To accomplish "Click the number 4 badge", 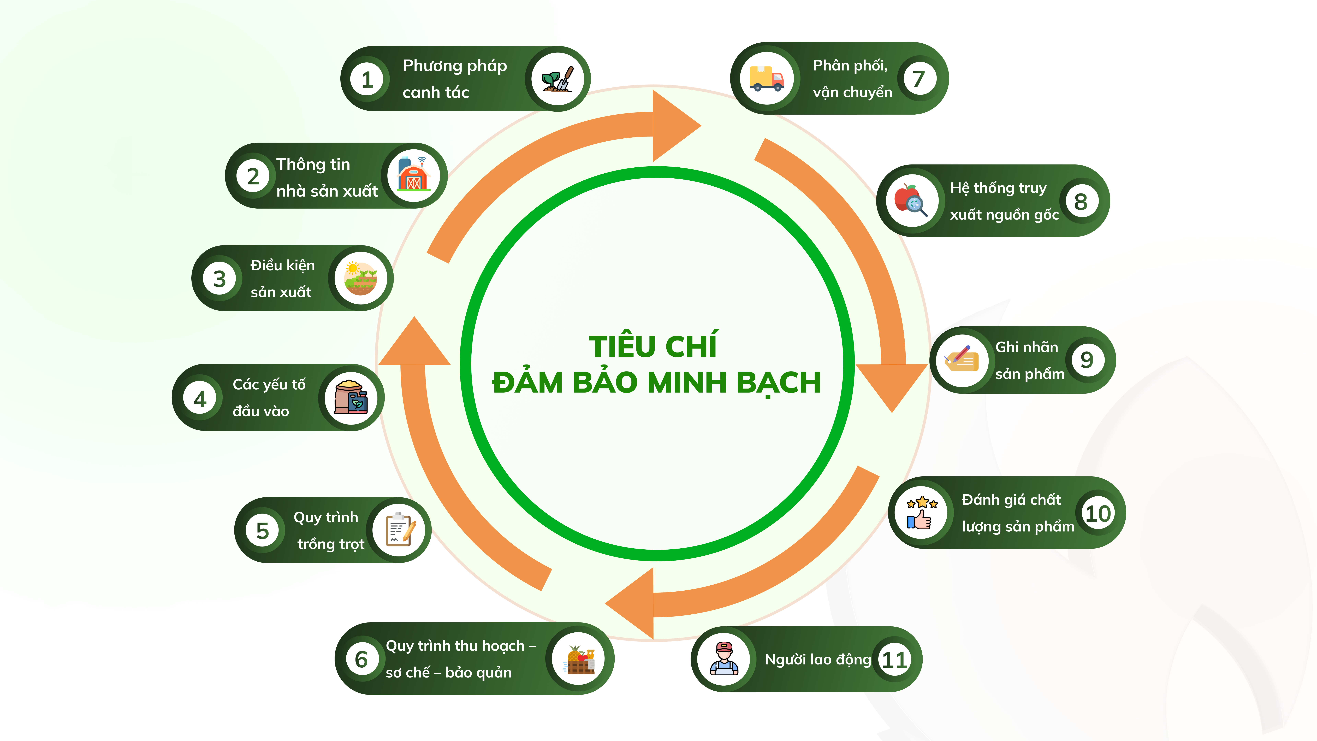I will tap(200, 398).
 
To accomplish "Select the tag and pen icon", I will tap(961, 360).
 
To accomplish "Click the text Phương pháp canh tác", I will tap(454, 79).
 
